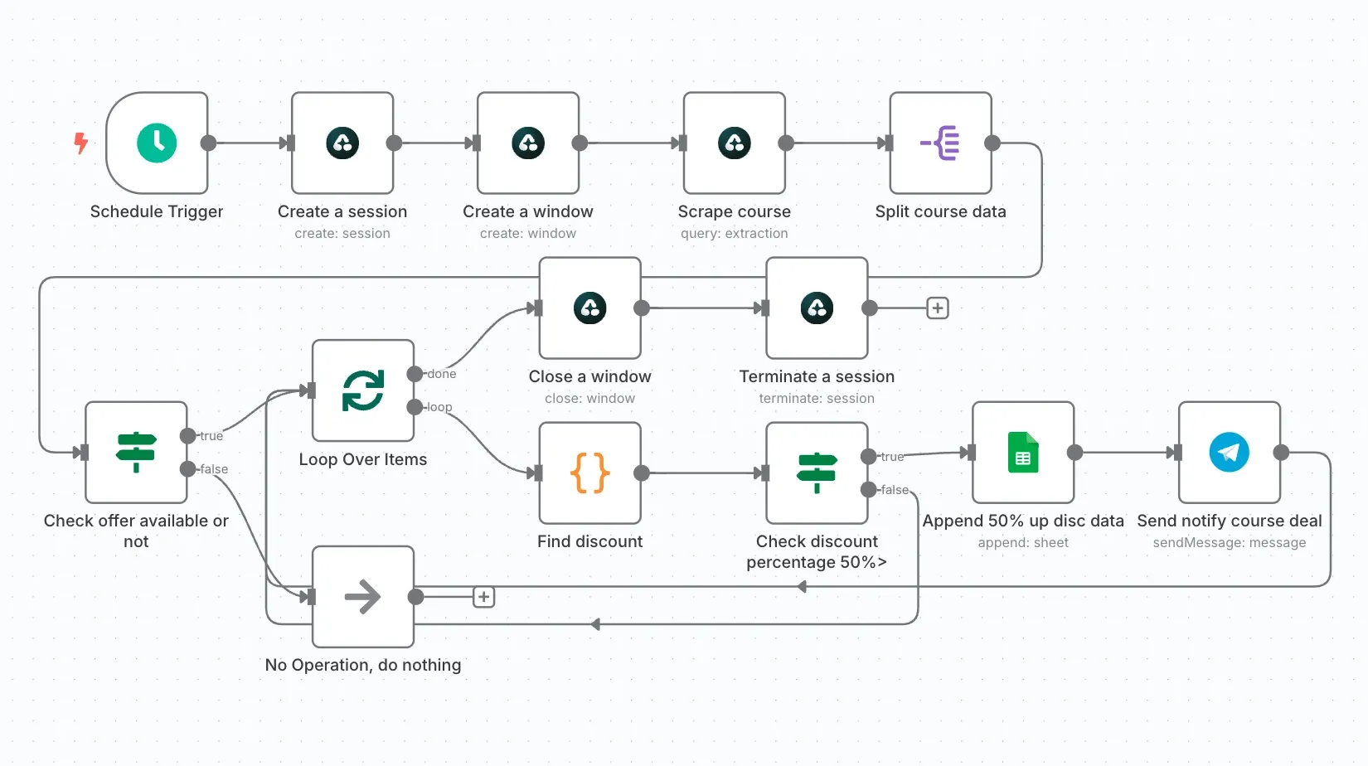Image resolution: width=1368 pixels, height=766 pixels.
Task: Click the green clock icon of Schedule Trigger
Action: coord(157,143)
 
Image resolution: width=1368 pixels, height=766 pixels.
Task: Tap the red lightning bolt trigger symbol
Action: coord(80,143)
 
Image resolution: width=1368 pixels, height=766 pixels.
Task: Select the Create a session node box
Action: coord(342,143)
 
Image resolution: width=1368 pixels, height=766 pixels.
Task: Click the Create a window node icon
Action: coord(527,143)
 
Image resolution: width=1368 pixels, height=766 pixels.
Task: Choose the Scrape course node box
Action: coord(734,143)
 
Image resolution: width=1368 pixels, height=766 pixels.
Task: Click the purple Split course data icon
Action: coord(940,143)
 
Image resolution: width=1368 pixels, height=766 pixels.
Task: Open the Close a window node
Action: coord(589,308)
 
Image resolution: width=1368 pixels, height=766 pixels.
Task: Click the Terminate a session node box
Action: coord(817,308)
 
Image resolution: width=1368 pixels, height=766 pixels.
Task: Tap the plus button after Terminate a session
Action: coord(938,308)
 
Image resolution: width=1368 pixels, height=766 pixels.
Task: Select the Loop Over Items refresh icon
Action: coord(363,390)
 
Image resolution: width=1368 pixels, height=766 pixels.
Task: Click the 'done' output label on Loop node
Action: coord(442,374)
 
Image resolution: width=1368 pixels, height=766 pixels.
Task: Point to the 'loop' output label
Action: coord(439,407)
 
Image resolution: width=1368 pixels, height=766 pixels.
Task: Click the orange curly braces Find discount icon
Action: coord(589,473)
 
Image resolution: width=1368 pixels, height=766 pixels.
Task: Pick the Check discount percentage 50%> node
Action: coord(817,473)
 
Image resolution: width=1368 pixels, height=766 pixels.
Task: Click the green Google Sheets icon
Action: coord(1023,453)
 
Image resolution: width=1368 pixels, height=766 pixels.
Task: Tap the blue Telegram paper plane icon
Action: coord(1229,453)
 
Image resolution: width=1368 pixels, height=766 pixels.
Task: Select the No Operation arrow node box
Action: coord(363,596)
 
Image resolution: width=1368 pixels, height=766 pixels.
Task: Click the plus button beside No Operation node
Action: coord(484,597)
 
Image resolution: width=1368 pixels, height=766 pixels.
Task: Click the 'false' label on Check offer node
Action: coord(214,469)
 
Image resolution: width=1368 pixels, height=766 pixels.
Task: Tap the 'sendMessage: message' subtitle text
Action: coord(1229,543)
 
